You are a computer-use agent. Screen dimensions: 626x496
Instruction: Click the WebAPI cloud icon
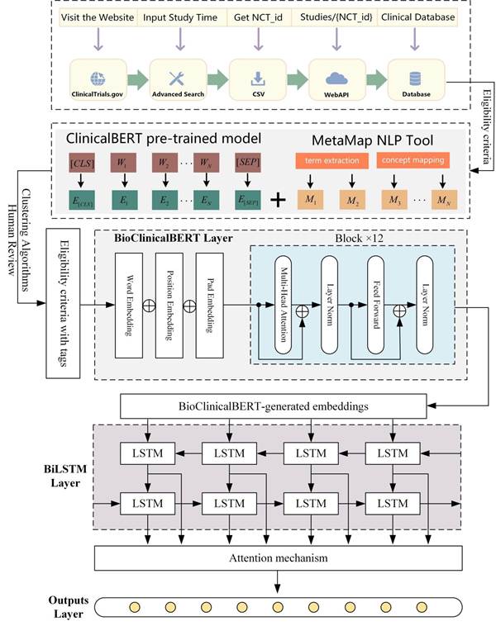(x=336, y=78)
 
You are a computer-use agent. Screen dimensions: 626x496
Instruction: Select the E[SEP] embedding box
(x=250, y=197)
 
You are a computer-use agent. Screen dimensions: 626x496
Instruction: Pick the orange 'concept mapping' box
(x=413, y=159)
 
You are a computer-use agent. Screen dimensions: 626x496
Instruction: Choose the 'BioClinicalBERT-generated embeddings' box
(x=274, y=405)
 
